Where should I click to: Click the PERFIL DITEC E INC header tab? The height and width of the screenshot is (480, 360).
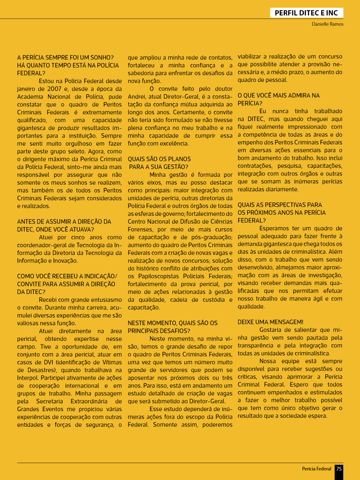[306, 13]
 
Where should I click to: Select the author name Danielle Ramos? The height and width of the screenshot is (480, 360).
[327, 24]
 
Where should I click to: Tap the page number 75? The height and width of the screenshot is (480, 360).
[339, 469]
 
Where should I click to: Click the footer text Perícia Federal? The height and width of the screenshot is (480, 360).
[316, 469]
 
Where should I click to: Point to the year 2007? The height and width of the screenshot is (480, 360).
[54, 89]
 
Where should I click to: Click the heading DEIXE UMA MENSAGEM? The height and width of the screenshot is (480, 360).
[270, 322]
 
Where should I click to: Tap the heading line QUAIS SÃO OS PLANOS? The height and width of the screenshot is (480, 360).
[159, 159]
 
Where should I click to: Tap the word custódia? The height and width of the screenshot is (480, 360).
[214, 300]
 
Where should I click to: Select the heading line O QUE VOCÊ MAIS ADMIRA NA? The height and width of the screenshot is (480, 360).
[278, 96]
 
